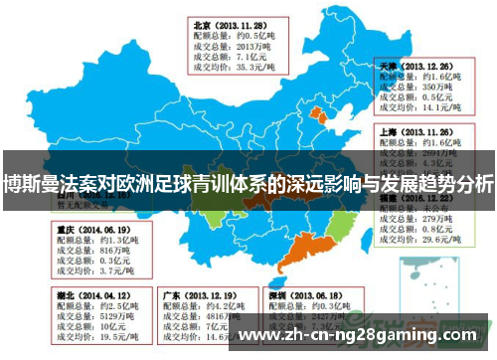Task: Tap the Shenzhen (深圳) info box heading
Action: [x=303, y=296]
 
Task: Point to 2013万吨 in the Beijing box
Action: [x=243, y=47]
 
